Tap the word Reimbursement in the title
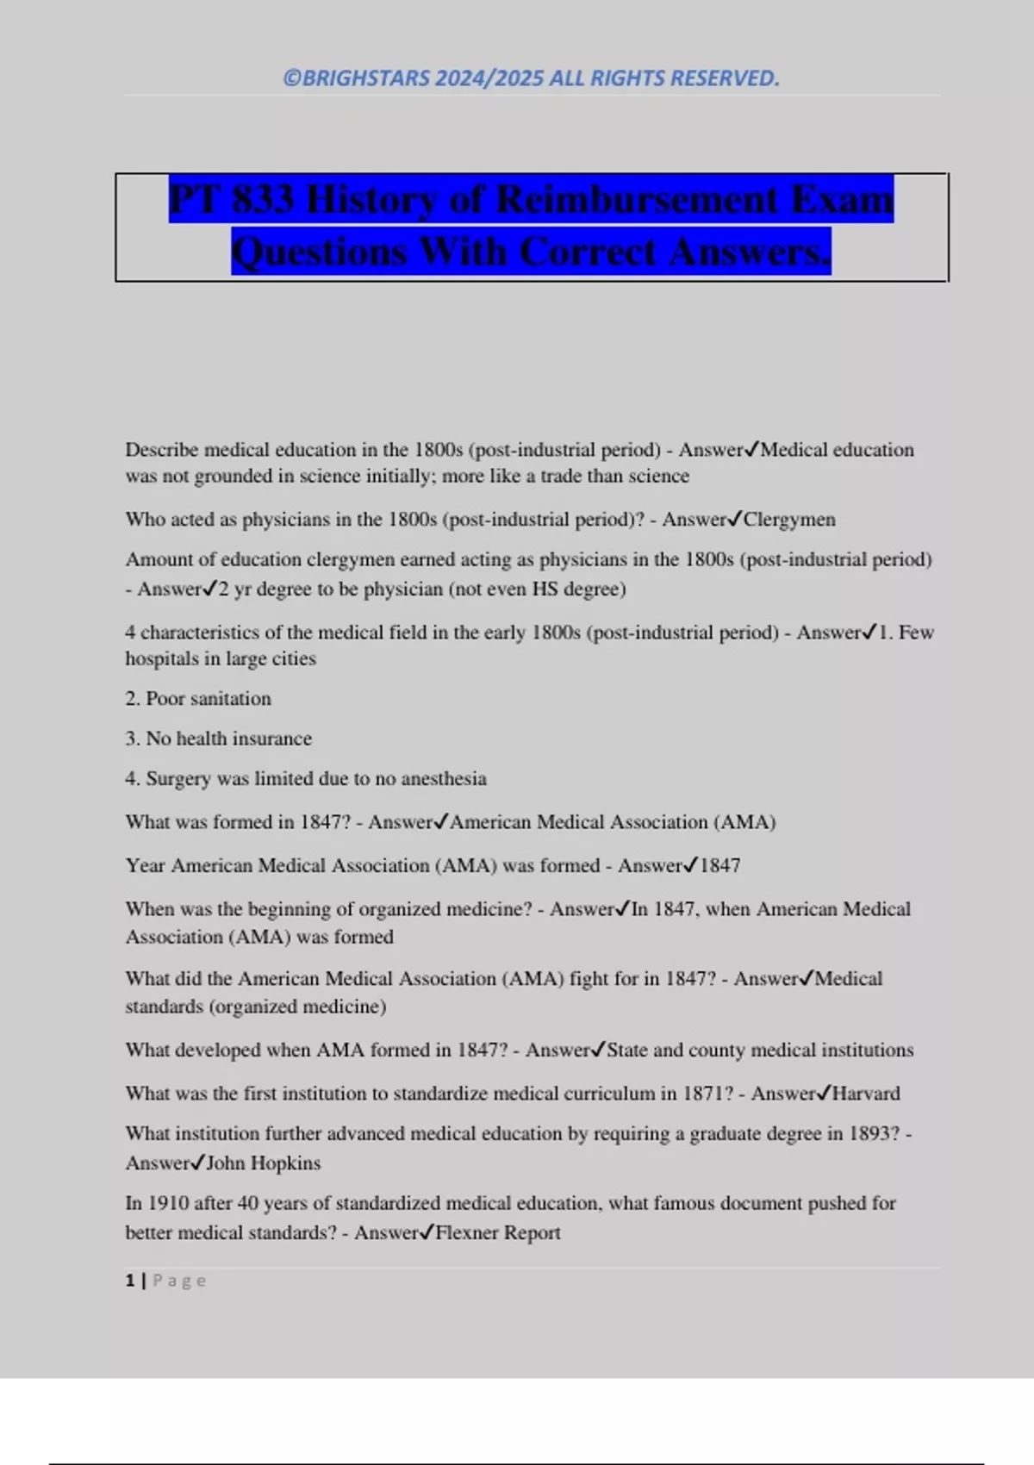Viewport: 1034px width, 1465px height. click(637, 200)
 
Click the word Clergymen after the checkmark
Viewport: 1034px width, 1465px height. click(789, 520)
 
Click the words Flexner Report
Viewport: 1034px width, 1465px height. click(498, 1233)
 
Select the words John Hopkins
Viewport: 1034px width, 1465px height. click(264, 1163)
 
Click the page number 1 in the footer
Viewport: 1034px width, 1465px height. click(130, 1281)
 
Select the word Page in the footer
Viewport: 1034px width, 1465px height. click(179, 1281)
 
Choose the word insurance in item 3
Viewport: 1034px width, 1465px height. click(271, 739)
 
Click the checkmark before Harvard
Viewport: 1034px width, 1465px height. click(824, 1093)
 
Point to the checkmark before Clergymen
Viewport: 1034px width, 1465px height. click(735, 519)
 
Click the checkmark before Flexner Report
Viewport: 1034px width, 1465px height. click(427, 1232)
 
